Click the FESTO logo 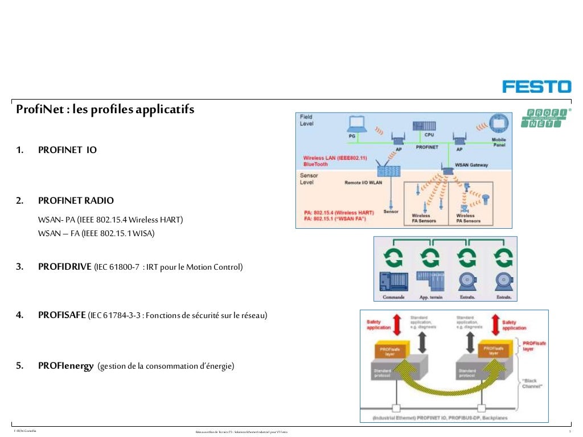[536, 86]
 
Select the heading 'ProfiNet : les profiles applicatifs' [105, 109]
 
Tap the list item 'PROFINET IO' [67, 150]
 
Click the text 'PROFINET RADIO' [76, 201]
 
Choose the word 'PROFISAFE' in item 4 [62, 315]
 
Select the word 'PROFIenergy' [65, 366]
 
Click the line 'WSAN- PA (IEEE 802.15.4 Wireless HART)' [110, 220]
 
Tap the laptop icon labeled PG [357, 123]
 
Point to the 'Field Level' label [307, 120]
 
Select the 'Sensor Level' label [309, 179]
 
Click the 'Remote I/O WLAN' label [363, 183]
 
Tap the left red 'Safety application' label [379, 324]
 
